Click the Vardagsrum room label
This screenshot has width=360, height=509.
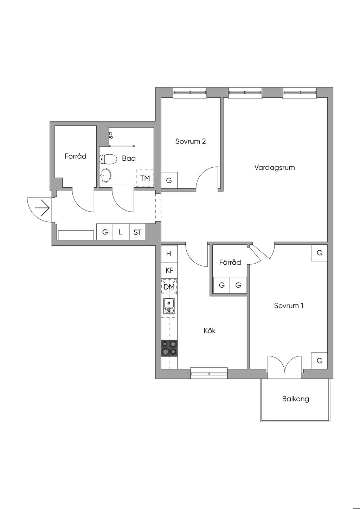pos(275,168)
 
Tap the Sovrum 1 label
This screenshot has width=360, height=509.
pos(288,305)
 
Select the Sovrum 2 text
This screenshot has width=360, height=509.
pos(190,141)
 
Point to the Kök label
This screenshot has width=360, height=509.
pos(210,331)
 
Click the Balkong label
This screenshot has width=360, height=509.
pos(295,399)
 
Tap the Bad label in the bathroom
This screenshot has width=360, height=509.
pos(129,159)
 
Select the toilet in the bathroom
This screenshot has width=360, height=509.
pos(108,160)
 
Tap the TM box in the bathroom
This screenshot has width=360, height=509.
pos(145,178)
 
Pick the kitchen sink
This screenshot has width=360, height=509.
pos(169,306)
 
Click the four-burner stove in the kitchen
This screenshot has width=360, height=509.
pos(169,348)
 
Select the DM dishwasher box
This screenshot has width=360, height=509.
pos(169,287)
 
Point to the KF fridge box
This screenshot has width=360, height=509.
pos(169,270)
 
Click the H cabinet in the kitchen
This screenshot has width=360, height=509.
pos(169,254)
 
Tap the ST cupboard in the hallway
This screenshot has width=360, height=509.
pos(137,232)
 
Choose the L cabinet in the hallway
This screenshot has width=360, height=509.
pos(121,232)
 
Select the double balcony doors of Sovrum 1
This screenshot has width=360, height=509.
pos(284,367)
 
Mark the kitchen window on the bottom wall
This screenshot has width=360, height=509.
pos(208,373)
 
